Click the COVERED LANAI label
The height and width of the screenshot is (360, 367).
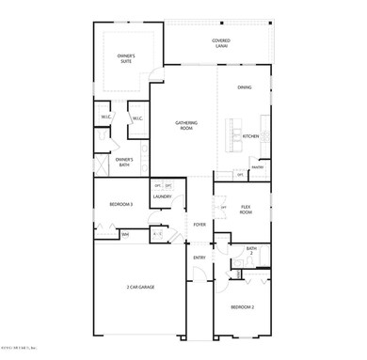coord(220,43)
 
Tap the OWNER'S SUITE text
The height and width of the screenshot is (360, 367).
coord(126,59)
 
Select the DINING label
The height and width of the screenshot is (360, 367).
coord(245,87)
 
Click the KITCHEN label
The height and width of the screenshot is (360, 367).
coord(250,136)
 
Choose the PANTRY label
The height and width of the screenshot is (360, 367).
coord(257,168)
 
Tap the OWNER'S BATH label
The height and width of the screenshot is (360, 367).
coord(124,162)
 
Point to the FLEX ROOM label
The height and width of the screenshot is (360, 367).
coord(247,211)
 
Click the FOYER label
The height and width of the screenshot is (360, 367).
coord(199,225)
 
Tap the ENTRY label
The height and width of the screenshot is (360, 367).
coord(199,257)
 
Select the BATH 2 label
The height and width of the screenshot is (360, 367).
coord(251,250)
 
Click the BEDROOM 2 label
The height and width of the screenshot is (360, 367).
coord(244,307)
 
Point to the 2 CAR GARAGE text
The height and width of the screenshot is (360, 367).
coord(140,286)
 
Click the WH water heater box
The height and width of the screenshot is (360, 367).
coord(125,235)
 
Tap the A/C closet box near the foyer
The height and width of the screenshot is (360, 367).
coord(158,234)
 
